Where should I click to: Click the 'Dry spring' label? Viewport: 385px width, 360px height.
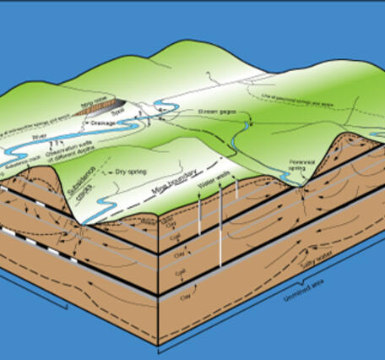[130, 172]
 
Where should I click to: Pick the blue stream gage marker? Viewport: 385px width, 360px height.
[247, 125]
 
